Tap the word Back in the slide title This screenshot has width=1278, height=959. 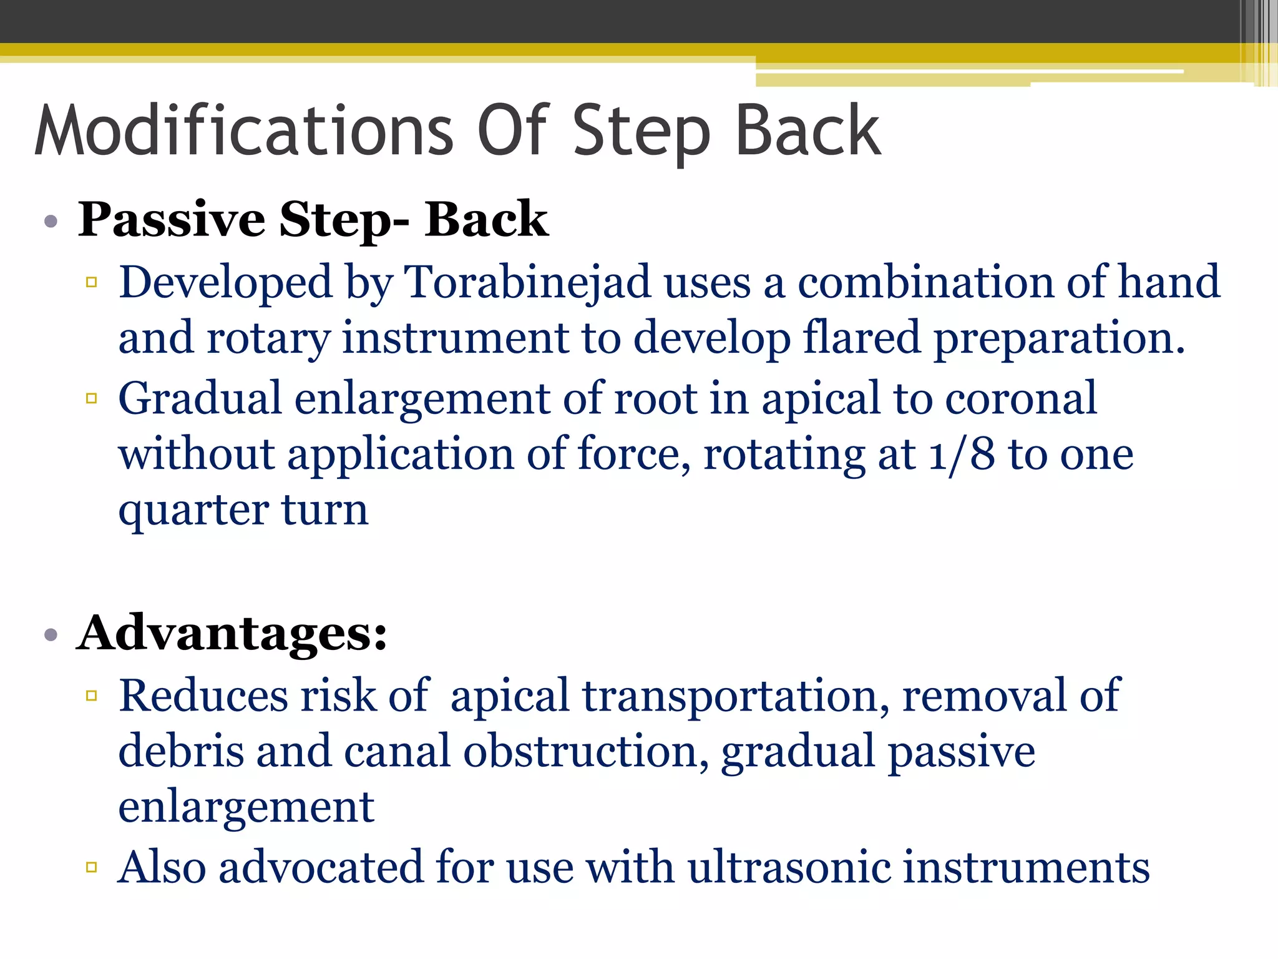pos(807,131)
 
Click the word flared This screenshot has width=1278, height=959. pos(861,338)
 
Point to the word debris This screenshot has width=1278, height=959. pos(181,751)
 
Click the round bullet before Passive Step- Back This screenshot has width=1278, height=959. pos(51,221)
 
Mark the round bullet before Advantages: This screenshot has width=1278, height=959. pos(51,636)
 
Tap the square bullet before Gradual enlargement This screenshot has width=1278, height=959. pos(92,398)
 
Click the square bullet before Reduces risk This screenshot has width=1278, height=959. pos(92,696)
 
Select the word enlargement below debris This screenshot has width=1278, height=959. pos(246,807)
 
